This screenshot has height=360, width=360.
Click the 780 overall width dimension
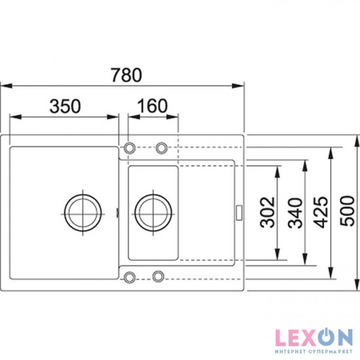click(126, 75)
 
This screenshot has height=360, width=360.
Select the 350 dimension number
click(65, 106)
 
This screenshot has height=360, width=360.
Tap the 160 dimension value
click(153, 106)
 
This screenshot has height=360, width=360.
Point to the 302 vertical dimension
click(268, 212)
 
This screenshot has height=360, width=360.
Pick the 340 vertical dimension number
click(295, 213)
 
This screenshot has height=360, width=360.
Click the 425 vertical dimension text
click(321, 212)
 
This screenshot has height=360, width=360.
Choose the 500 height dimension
click(348, 211)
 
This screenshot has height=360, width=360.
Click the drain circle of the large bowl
click(82, 213)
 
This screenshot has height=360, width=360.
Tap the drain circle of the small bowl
click(153, 213)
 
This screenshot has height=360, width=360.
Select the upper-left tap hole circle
click(130, 148)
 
